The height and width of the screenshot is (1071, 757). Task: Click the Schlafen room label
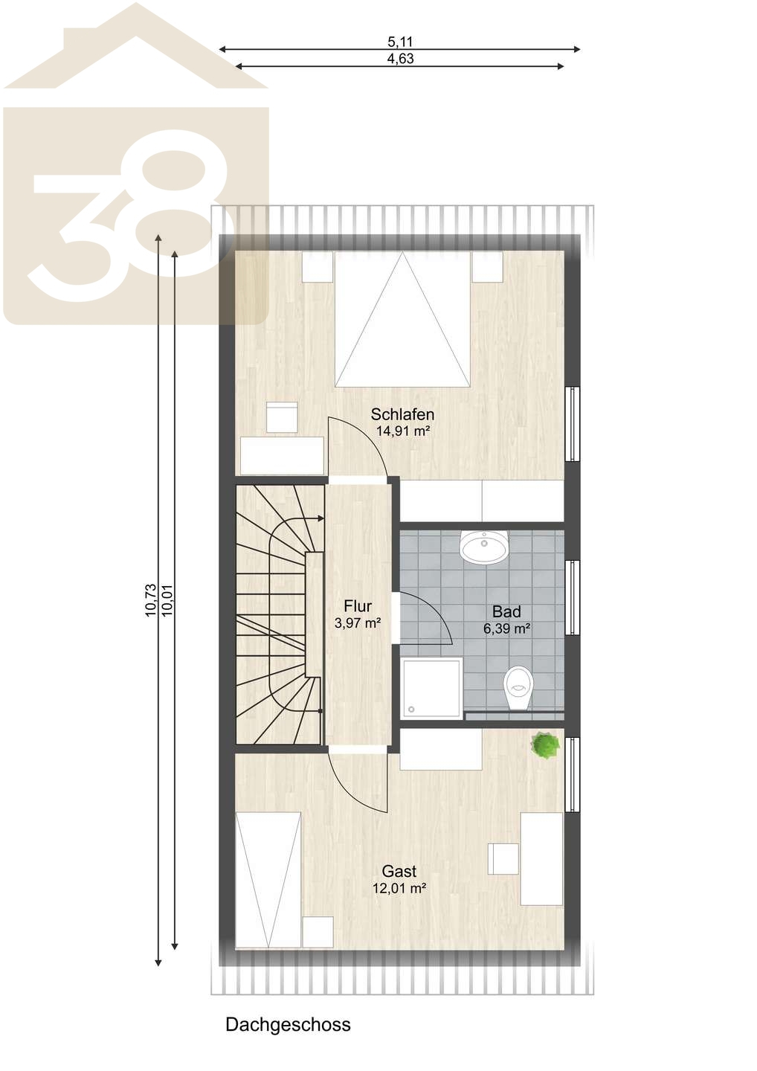402,414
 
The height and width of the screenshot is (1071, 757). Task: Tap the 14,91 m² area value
402,431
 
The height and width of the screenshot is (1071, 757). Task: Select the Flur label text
358,606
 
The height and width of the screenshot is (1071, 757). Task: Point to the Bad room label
506,611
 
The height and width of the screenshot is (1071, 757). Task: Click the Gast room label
399,871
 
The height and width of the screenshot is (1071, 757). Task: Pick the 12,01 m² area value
399,888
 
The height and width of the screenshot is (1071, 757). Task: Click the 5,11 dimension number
400,42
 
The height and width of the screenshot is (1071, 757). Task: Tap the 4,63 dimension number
400,59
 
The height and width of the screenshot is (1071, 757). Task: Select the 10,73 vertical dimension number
150,600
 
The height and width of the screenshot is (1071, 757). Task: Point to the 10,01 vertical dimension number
167,600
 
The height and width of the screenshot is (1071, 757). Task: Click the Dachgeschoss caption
288,1025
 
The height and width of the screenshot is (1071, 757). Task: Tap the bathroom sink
483,547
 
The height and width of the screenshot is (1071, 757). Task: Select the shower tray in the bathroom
432,688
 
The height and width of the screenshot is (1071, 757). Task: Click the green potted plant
545,744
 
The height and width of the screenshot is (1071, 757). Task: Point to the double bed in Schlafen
402,319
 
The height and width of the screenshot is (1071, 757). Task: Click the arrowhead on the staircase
319,518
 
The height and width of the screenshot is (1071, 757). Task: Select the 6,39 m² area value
506,628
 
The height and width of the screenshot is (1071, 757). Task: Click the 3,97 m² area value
358,623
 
